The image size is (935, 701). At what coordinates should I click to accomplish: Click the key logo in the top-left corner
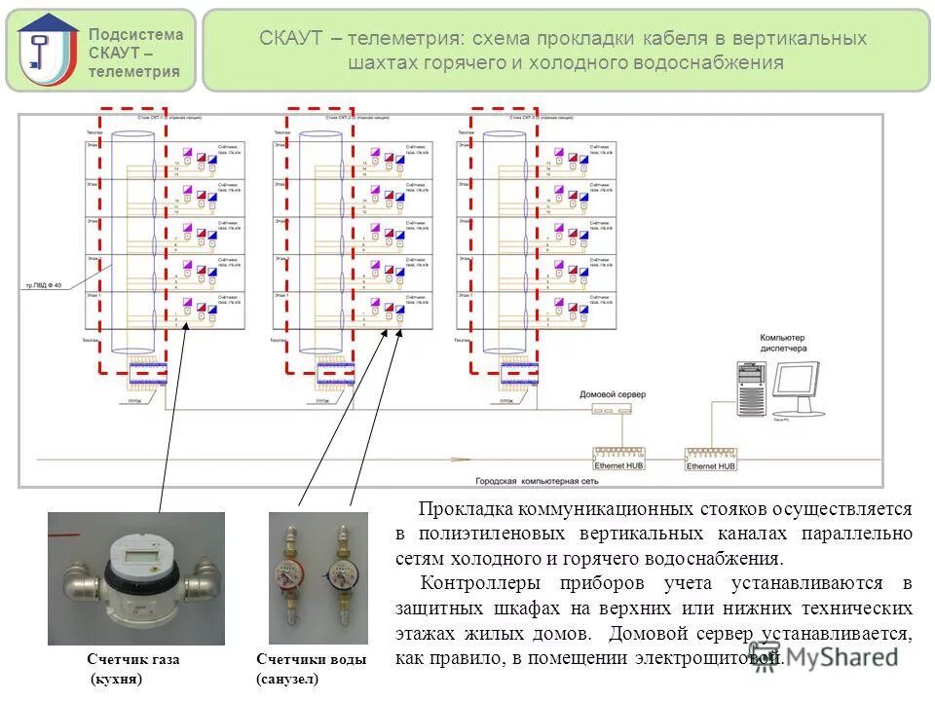pos(47,50)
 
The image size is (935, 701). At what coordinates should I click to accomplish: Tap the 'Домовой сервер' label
pos(612,394)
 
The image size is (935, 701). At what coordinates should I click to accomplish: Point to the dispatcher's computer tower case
pos(750,390)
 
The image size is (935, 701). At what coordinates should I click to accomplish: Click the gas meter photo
pos(136,578)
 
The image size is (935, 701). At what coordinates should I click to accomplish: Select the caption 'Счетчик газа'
pos(133,659)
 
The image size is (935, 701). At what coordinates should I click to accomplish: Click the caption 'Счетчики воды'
pos(312,659)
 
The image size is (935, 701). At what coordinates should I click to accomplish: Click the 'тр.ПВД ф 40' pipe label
pos(43,285)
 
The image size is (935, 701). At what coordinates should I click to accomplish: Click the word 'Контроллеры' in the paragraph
pos(471,583)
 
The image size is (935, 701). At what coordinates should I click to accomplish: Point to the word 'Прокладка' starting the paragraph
pos(464,509)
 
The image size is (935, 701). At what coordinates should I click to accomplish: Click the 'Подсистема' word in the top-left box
pos(135,34)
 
